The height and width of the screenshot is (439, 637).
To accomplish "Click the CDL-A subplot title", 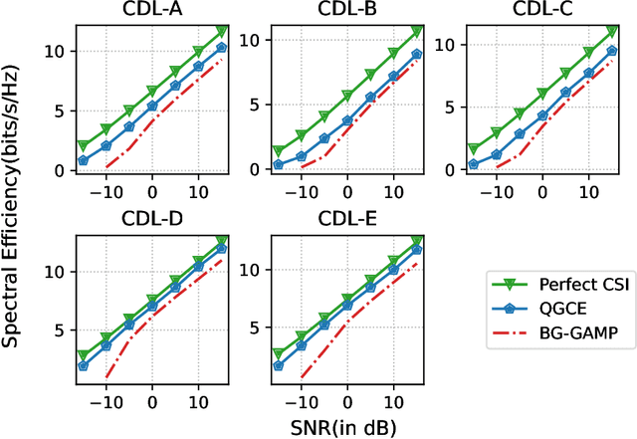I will [x=152, y=11].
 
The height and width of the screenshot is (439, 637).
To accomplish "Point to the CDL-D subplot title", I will [x=152, y=219].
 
